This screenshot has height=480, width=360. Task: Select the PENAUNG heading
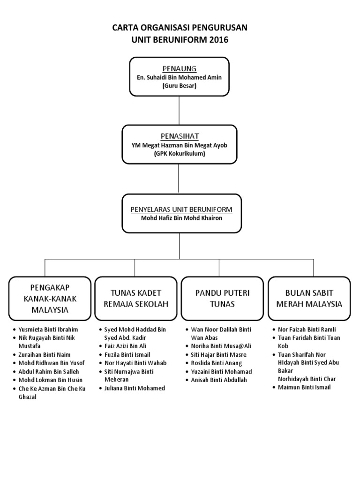click(x=179, y=69)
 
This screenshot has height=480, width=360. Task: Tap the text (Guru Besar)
click(x=179, y=86)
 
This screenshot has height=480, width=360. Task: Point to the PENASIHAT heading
click(x=180, y=136)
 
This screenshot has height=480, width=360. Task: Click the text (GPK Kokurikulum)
click(x=180, y=154)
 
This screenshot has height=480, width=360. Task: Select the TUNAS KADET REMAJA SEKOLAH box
click(x=135, y=298)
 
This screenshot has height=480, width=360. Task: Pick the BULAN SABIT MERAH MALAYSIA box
click(x=309, y=298)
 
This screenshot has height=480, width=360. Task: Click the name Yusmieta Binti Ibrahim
click(x=48, y=329)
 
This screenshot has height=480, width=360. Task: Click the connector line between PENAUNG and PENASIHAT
click(x=179, y=109)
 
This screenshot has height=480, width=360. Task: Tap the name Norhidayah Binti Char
click(x=306, y=379)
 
